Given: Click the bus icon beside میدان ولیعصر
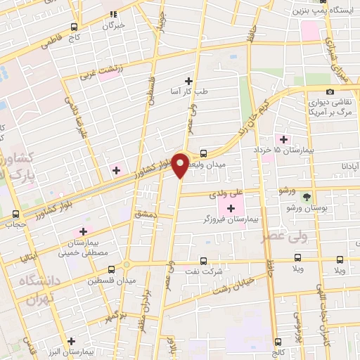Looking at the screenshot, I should (x=203, y=153).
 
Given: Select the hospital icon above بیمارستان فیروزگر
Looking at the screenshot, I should (x=231, y=209).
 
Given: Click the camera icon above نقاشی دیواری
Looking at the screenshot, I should (x=330, y=92).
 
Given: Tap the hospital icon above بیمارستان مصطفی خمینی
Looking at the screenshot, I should (x=83, y=231).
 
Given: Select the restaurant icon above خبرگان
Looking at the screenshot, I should (x=113, y=13).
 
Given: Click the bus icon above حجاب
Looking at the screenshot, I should (x=16, y=214).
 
